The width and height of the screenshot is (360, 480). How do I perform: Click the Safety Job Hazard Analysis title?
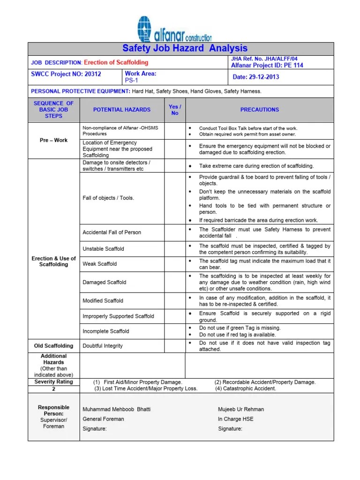[185, 48]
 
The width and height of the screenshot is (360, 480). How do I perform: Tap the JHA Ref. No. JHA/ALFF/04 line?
[264, 59]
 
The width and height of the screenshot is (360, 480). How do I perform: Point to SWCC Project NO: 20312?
[66, 74]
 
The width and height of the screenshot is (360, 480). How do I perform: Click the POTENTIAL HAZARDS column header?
[122, 110]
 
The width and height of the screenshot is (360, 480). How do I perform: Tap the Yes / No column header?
[175, 110]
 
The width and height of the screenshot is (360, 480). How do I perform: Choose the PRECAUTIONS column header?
[259, 110]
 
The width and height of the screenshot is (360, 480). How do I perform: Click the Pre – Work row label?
[54, 140]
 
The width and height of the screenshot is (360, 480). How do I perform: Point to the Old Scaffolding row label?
[54, 346]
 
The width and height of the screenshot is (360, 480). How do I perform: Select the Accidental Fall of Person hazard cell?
[112, 232]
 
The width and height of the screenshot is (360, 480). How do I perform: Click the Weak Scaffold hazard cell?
[100, 264]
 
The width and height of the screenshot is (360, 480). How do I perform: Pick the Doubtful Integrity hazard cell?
[103, 346]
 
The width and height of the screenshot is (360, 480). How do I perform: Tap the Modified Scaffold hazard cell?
[103, 301]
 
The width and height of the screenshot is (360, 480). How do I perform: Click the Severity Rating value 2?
[54, 389]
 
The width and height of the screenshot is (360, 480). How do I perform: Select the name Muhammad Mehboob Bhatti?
[117, 409]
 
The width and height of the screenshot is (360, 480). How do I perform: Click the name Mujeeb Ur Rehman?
[241, 409]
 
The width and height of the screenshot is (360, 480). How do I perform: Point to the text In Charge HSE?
[235, 419]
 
